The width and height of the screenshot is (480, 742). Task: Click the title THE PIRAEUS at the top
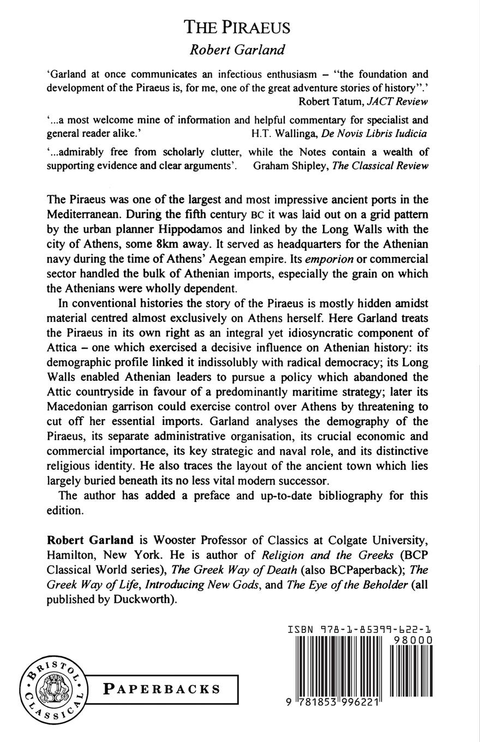237,27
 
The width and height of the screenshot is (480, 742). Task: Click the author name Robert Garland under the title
237,50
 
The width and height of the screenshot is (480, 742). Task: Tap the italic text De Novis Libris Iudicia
375,134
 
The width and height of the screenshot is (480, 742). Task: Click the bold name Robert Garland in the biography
90,540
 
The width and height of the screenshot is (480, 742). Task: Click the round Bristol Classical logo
53,690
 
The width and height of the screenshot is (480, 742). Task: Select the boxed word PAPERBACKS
162,690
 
